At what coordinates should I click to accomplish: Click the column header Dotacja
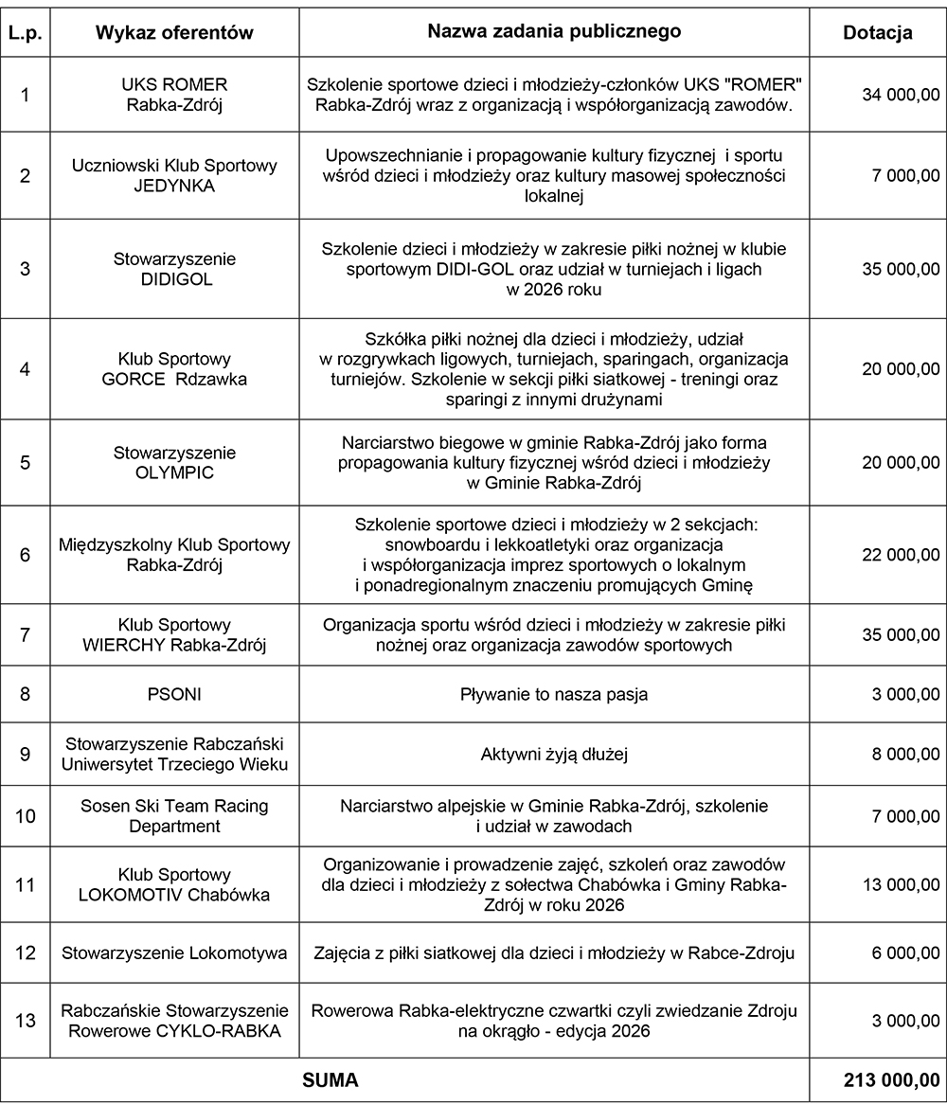coord(877,32)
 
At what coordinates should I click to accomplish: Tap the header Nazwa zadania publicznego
coord(554,31)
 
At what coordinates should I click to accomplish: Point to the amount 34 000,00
coord(901,95)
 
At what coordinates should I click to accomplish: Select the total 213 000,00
coord(891,1079)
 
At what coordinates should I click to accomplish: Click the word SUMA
coord(330,1079)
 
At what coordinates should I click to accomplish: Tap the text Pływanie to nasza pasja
coord(554,694)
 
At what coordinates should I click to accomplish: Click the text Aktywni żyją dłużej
coord(554,755)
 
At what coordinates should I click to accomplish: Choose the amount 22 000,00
coord(901,555)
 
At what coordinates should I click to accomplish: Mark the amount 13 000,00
coord(901,884)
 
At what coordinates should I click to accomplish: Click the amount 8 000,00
coord(905,755)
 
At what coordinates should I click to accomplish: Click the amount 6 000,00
coord(905,953)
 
